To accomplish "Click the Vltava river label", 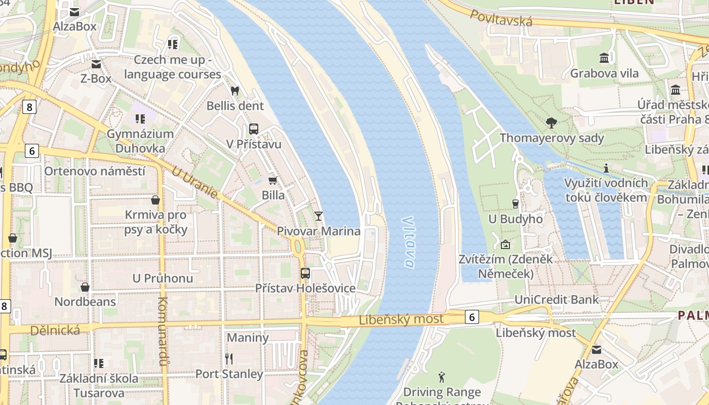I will [x=409, y=242].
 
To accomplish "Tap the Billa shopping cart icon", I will [x=272, y=180].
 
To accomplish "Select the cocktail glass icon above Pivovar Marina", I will [x=318, y=216].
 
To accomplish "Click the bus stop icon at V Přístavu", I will [x=254, y=129].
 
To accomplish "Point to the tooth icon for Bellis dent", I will [x=234, y=91].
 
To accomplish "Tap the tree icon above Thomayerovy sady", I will [x=552, y=123].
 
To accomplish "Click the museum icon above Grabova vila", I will [x=604, y=58].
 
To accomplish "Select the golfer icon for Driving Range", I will [x=442, y=377].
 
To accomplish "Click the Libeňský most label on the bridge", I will [x=401, y=319].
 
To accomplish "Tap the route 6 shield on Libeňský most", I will [x=471, y=317].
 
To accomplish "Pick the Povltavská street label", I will [x=501, y=18].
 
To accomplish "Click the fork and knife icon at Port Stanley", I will [x=229, y=359].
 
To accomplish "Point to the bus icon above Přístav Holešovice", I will [x=305, y=273].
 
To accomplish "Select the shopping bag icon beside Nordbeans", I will [x=85, y=287].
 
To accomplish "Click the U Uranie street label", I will [x=194, y=183].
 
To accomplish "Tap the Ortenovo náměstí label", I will [x=95, y=171].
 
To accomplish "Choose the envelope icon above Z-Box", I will [x=96, y=64].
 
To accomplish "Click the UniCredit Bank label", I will [x=556, y=299].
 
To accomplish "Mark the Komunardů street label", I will [x=163, y=331].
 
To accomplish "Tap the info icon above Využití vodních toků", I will [x=606, y=168].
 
